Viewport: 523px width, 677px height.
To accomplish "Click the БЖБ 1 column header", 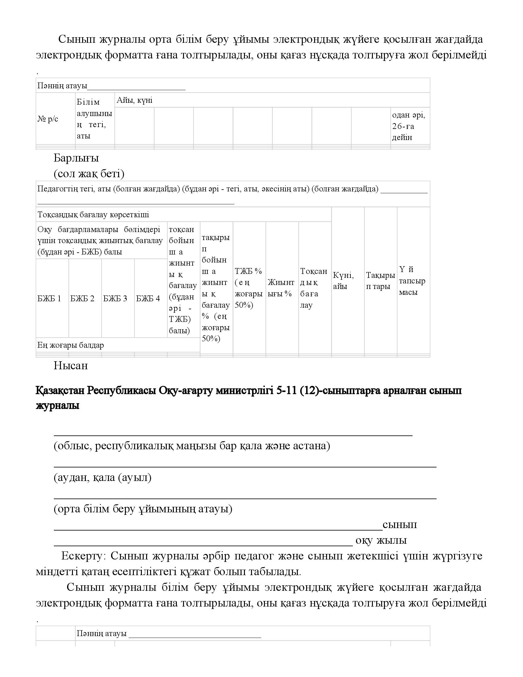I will click(49, 298).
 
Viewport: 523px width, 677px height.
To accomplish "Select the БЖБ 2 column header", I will click(82, 298).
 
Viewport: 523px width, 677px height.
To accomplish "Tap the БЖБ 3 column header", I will click(115, 298).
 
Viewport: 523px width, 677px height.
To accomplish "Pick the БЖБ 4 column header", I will click(148, 298).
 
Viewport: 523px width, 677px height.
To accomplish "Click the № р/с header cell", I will click(48, 119).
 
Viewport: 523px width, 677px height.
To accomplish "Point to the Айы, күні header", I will click(135, 100).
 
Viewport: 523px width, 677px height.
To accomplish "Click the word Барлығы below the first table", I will click(76, 158).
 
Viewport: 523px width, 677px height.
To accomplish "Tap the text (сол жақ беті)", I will click(89, 174).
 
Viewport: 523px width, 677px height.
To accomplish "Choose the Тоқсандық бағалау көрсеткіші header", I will click(93, 214).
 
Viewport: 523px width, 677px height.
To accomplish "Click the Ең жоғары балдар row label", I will click(71, 345).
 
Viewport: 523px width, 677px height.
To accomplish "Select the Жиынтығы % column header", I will click(281, 288).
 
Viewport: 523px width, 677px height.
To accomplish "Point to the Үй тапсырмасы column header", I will click(412, 281).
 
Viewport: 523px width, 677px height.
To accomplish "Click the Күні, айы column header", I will click(343, 281).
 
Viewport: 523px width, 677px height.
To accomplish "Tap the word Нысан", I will click(71, 366).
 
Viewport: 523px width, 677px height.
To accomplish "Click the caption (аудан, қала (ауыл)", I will click(102, 477).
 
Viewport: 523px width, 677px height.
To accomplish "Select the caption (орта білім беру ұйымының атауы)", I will click(143, 509).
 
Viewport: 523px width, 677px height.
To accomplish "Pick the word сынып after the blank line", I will click(400, 524).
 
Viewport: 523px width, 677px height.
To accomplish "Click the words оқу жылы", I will click(381, 540).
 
